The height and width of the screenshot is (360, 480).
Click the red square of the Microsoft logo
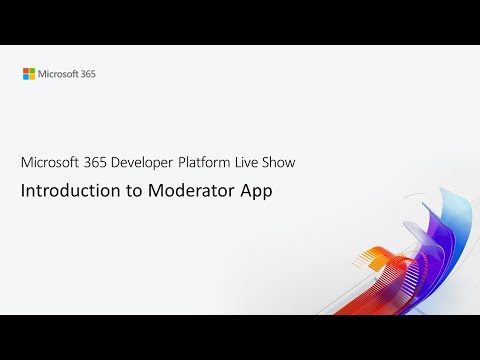[27, 70]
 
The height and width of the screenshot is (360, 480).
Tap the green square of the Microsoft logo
[32, 70]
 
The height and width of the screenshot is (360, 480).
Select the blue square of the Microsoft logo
[27, 76]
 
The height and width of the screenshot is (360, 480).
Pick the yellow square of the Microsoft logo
[32, 76]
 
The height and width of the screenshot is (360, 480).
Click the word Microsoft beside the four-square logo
[55, 73]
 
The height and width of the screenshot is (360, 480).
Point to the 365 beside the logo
[86, 73]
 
